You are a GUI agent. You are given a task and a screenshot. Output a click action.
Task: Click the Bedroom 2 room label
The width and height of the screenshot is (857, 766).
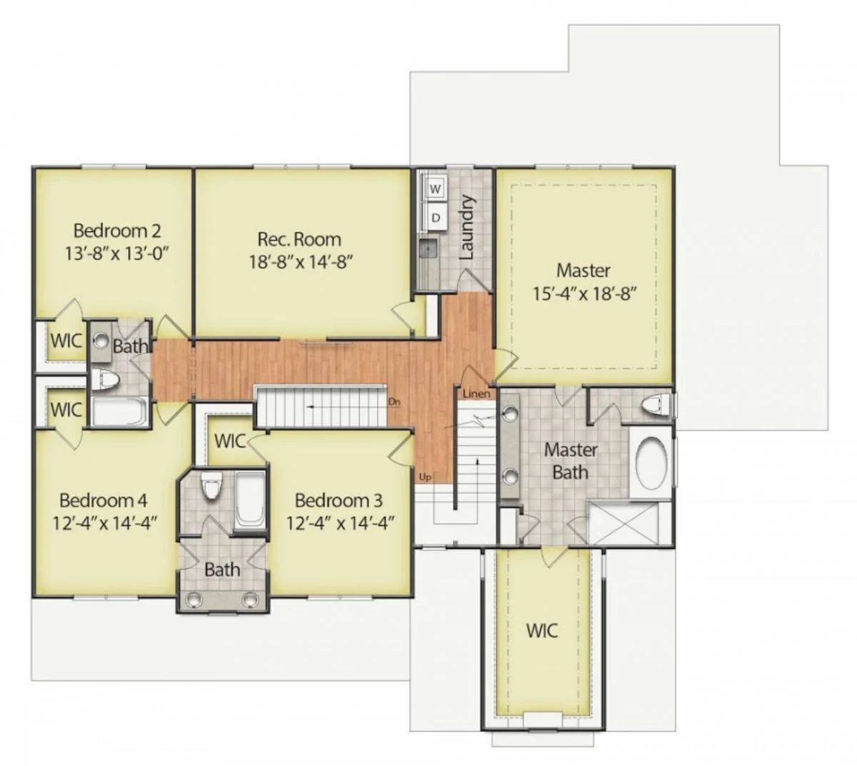coord(117,231)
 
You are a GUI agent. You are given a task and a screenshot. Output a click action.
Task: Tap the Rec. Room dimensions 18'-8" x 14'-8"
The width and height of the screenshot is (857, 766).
coord(301,262)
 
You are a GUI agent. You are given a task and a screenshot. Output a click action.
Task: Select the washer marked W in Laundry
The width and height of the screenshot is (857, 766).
coord(436,188)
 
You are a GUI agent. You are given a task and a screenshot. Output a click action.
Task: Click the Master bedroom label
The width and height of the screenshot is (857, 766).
coord(583,271)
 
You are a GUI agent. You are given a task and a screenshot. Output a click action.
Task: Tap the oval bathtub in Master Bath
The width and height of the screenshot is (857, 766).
coord(651,463)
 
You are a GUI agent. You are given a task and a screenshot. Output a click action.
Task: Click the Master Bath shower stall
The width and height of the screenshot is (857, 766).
coord(628,523)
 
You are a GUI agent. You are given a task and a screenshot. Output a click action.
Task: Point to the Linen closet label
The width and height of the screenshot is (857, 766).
coord(476,394)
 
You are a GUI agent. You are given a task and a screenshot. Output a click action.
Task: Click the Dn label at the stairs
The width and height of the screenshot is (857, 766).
coord(394,402)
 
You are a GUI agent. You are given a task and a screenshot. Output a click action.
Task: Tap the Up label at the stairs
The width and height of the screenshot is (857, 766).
coord(425,477)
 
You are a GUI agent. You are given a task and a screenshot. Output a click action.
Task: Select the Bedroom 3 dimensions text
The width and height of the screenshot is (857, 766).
coord(341,523)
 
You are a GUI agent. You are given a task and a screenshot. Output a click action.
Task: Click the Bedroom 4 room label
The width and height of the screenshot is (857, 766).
coord(103,500)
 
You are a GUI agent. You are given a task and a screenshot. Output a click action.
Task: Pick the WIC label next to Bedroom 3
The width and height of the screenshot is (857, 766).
coord(230,441)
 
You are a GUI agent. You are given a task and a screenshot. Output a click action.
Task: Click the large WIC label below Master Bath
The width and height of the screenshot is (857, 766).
coord(542,630)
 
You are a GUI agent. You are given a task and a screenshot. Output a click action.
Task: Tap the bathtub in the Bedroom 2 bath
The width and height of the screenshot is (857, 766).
coord(120,412)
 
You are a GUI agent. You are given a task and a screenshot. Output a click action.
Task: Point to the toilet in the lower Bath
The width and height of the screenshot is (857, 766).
coord(211,488)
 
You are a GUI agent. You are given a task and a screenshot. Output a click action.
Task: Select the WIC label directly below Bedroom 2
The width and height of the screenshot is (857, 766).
coord(66,341)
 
